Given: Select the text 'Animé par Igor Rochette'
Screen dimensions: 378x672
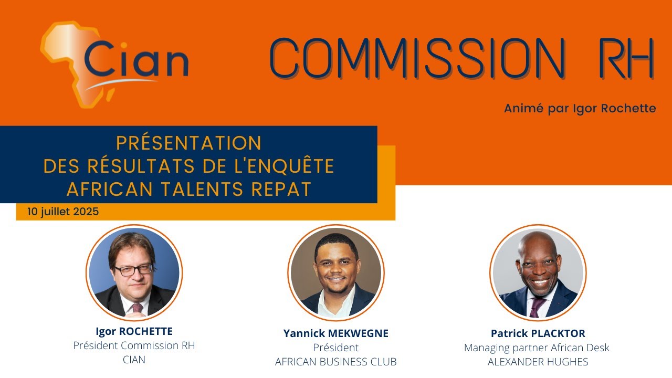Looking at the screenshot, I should click(580, 109).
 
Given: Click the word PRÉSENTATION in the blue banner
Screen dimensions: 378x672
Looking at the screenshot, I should click(188, 143).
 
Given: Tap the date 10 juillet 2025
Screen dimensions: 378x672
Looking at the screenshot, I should click(64, 212).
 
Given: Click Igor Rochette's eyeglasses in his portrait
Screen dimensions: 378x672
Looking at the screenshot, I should click(133, 270).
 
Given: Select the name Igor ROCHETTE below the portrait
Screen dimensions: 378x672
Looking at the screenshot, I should click(134, 331).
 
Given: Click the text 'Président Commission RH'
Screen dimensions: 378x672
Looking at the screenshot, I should click(134, 346).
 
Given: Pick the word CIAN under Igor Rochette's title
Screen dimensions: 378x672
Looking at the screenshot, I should click(134, 360).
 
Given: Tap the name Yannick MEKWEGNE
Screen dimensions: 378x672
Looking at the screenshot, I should click(336, 333).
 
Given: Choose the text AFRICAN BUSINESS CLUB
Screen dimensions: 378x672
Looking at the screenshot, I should click(336, 362).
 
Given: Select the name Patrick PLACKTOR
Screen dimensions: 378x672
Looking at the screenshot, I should click(538, 333).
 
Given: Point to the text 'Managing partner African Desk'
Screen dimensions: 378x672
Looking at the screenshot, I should click(537, 348).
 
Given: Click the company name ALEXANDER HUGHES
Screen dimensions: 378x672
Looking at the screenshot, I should click(538, 362).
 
